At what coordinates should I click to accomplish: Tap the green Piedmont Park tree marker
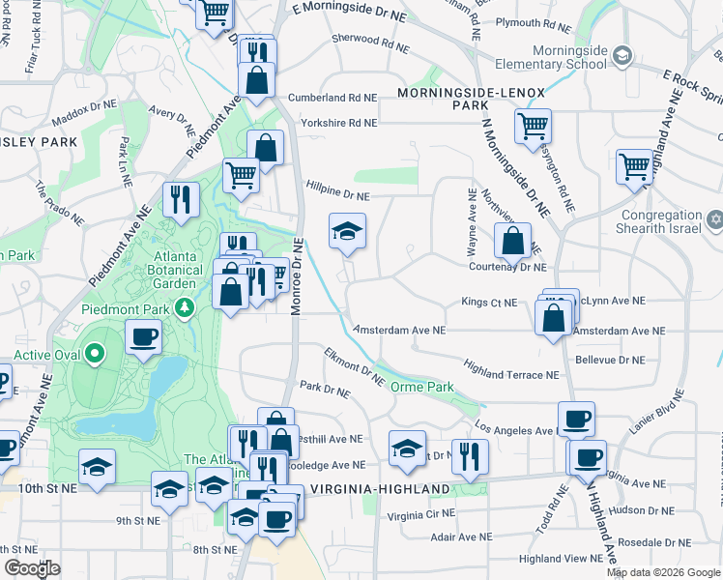click(x=185, y=307)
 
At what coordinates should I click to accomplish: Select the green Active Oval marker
click(x=94, y=354)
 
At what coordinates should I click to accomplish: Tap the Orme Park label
click(x=421, y=387)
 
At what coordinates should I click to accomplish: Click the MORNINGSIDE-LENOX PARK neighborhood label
click(x=472, y=98)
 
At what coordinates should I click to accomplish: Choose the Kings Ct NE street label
click(x=489, y=303)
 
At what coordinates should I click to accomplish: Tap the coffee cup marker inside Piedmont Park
click(x=143, y=337)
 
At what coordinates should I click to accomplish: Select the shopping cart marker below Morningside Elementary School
click(x=533, y=126)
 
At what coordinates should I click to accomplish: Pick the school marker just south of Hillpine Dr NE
click(x=348, y=231)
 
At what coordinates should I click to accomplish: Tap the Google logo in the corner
click(x=33, y=568)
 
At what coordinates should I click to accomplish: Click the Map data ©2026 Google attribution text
click(x=662, y=572)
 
